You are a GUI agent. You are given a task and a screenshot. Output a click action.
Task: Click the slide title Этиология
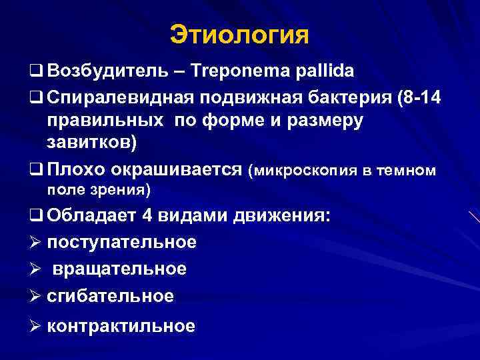[x=240, y=35]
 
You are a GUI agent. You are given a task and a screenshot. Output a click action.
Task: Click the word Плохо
[x=73, y=171]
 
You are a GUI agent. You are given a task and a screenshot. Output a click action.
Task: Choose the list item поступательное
[x=122, y=242]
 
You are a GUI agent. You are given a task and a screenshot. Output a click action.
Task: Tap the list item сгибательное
[x=111, y=295]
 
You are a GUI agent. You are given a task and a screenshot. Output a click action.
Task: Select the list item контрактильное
[x=121, y=326]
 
